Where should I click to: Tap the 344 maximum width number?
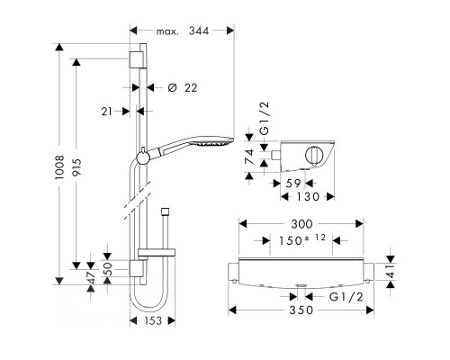(x=213, y=32)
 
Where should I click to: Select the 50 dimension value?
(x=108, y=269)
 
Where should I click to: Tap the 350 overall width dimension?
(x=299, y=310)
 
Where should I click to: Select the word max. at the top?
(x=171, y=32)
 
